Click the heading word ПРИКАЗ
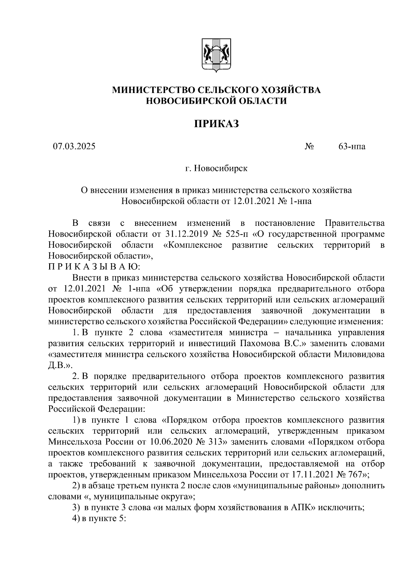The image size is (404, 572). pyautogui.click(x=216, y=124)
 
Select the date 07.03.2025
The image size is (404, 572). pyautogui.click(x=74, y=146)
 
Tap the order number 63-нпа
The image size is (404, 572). pyautogui.click(x=352, y=147)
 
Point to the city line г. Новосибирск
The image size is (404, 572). pyautogui.click(x=216, y=168)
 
